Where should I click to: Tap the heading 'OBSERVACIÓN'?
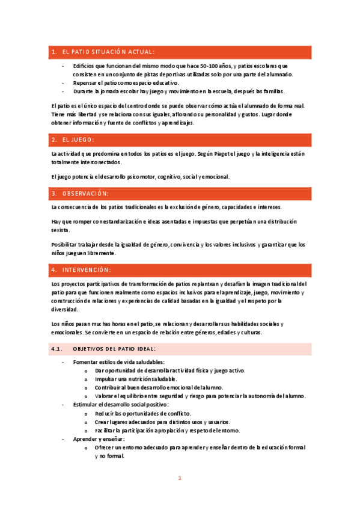point(85,194)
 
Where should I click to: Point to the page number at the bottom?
point(179,478)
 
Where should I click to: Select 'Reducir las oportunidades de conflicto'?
point(143,414)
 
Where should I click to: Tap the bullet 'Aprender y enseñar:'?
point(99,439)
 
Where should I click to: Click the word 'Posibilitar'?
point(66,245)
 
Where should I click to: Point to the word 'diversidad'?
point(65,309)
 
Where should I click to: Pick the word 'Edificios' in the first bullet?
point(84,66)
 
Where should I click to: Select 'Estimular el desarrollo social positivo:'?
point(121,405)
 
